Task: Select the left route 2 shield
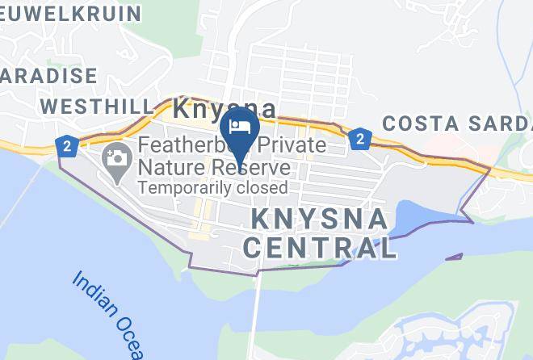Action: [x=66, y=147]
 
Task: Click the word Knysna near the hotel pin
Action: [x=224, y=108]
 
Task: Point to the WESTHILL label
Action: [x=96, y=107]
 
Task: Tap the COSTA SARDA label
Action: [x=457, y=123]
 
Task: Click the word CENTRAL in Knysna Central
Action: [x=321, y=248]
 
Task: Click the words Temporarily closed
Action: [x=212, y=188]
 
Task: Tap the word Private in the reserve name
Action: [x=287, y=147]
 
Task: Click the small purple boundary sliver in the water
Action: [x=453, y=257]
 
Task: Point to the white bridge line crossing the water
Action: [x=257, y=315]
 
